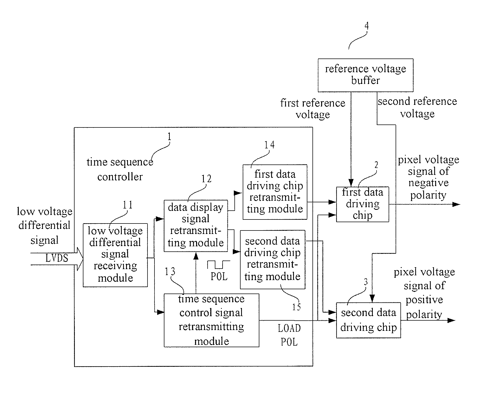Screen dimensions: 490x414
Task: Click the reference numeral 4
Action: pos(366,26)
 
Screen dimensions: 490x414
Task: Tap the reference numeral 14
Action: pos(269,145)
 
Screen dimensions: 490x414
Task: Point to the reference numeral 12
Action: pos(207,179)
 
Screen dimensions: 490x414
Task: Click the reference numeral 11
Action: pos(128,205)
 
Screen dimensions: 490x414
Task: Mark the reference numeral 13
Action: pos(170,271)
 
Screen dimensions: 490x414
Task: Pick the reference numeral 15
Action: pos(297,307)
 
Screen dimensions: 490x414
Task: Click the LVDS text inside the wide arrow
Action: pos(57,258)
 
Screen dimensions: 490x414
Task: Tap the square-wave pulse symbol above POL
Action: pos(219,265)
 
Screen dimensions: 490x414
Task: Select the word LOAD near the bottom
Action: pos(289,328)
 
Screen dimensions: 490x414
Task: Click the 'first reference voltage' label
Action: pos(313,109)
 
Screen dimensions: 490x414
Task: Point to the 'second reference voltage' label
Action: pos(417,107)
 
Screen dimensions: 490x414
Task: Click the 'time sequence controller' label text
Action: pos(120,169)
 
